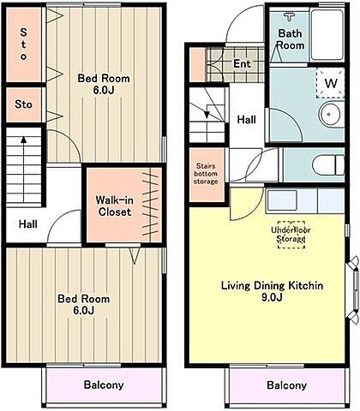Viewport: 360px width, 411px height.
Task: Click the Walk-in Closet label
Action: (x=115, y=206)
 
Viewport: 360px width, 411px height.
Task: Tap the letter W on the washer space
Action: (x=331, y=83)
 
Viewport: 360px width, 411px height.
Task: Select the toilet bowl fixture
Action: (x=328, y=164)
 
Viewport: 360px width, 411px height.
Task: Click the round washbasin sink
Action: (x=329, y=114)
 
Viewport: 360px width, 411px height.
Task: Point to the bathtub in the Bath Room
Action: (x=327, y=35)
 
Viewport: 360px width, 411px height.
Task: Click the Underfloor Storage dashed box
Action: (x=291, y=235)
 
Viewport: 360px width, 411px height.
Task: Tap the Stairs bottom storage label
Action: (x=206, y=174)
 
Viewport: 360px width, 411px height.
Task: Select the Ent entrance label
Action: (x=242, y=63)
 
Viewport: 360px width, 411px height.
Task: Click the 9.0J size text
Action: (x=272, y=297)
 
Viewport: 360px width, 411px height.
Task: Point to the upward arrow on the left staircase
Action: (x=24, y=169)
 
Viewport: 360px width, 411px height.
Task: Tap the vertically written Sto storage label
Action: (x=23, y=44)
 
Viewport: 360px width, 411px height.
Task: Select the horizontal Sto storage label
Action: (x=23, y=104)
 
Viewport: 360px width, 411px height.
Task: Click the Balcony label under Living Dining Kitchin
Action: (x=286, y=385)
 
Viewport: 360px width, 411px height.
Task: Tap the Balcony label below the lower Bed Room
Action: (x=104, y=384)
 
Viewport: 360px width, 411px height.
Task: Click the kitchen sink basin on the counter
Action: (x=282, y=200)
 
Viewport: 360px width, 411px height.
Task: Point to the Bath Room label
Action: (x=291, y=39)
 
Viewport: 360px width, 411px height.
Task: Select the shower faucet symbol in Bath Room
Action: (x=290, y=16)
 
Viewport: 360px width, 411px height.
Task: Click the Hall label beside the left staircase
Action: (x=28, y=224)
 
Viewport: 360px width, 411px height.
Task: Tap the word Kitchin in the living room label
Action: (x=306, y=286)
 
